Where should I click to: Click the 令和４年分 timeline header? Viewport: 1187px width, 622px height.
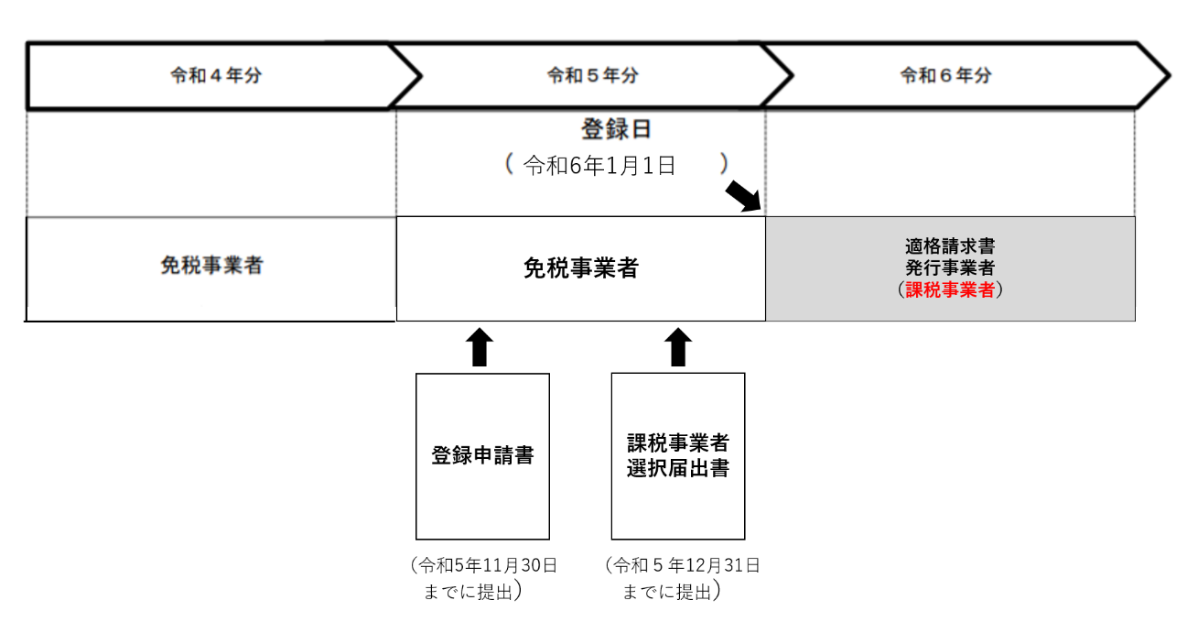pos(216,76)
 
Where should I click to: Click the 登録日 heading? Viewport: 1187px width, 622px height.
pos(616,129)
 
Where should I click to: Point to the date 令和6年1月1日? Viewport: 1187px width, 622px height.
pos(599,165)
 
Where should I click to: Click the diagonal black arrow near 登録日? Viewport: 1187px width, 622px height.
pos(745,196)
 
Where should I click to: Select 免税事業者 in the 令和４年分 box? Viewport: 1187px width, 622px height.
pos(211,266)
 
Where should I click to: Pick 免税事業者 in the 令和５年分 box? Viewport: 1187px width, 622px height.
pos(581,268)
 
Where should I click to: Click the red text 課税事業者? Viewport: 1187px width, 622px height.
pos(950,290)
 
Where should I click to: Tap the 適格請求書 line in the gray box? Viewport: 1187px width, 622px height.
pos(950,246)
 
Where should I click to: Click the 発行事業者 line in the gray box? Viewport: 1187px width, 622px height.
pos(950,267)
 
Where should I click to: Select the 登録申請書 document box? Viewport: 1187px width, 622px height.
pos(482,455)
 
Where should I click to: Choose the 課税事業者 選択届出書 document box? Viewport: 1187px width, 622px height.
pos(678,455)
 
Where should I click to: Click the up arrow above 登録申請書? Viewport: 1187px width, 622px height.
pos(480,348)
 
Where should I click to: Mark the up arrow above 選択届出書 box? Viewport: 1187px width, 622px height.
pos(677,348)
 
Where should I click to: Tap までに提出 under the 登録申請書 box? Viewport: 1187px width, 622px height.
pos(469,592)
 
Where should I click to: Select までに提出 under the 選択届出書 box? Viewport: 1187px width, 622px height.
pos(667,592)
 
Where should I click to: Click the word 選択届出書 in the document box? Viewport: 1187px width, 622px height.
pos(678,467)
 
